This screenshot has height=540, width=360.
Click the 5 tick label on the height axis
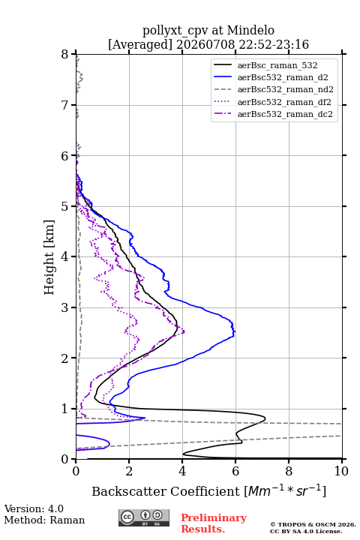pyautogui.click(x=65, y=206)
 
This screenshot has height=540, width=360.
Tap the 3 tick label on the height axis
pyautogui.click(x=65, y=307)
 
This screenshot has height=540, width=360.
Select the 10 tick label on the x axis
pyautogui.click(x=341, y=471)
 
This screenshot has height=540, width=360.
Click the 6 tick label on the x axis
pyautogui.click(x=235, y=471)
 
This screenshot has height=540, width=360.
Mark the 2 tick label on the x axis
pyautogui.click(x=129, y=471)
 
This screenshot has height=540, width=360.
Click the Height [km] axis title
pyautogui.click(x=49, y=257)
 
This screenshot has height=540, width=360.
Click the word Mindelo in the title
pyautogui.click(x=250, y=31)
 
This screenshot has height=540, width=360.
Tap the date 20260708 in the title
pyautogui.click(x=205, y=45)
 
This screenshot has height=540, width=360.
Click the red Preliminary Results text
pyautogui.click(x=214, y=523)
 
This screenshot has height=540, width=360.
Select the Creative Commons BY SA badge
pyautogui.click(x=144, y=517)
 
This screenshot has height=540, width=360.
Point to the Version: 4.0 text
pyautogui.click(x=34, y=509)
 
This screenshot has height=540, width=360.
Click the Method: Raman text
pyautogui.click(x=44, y=520)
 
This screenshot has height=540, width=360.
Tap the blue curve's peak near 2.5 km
pyautogui.click(x=235, y=331)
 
